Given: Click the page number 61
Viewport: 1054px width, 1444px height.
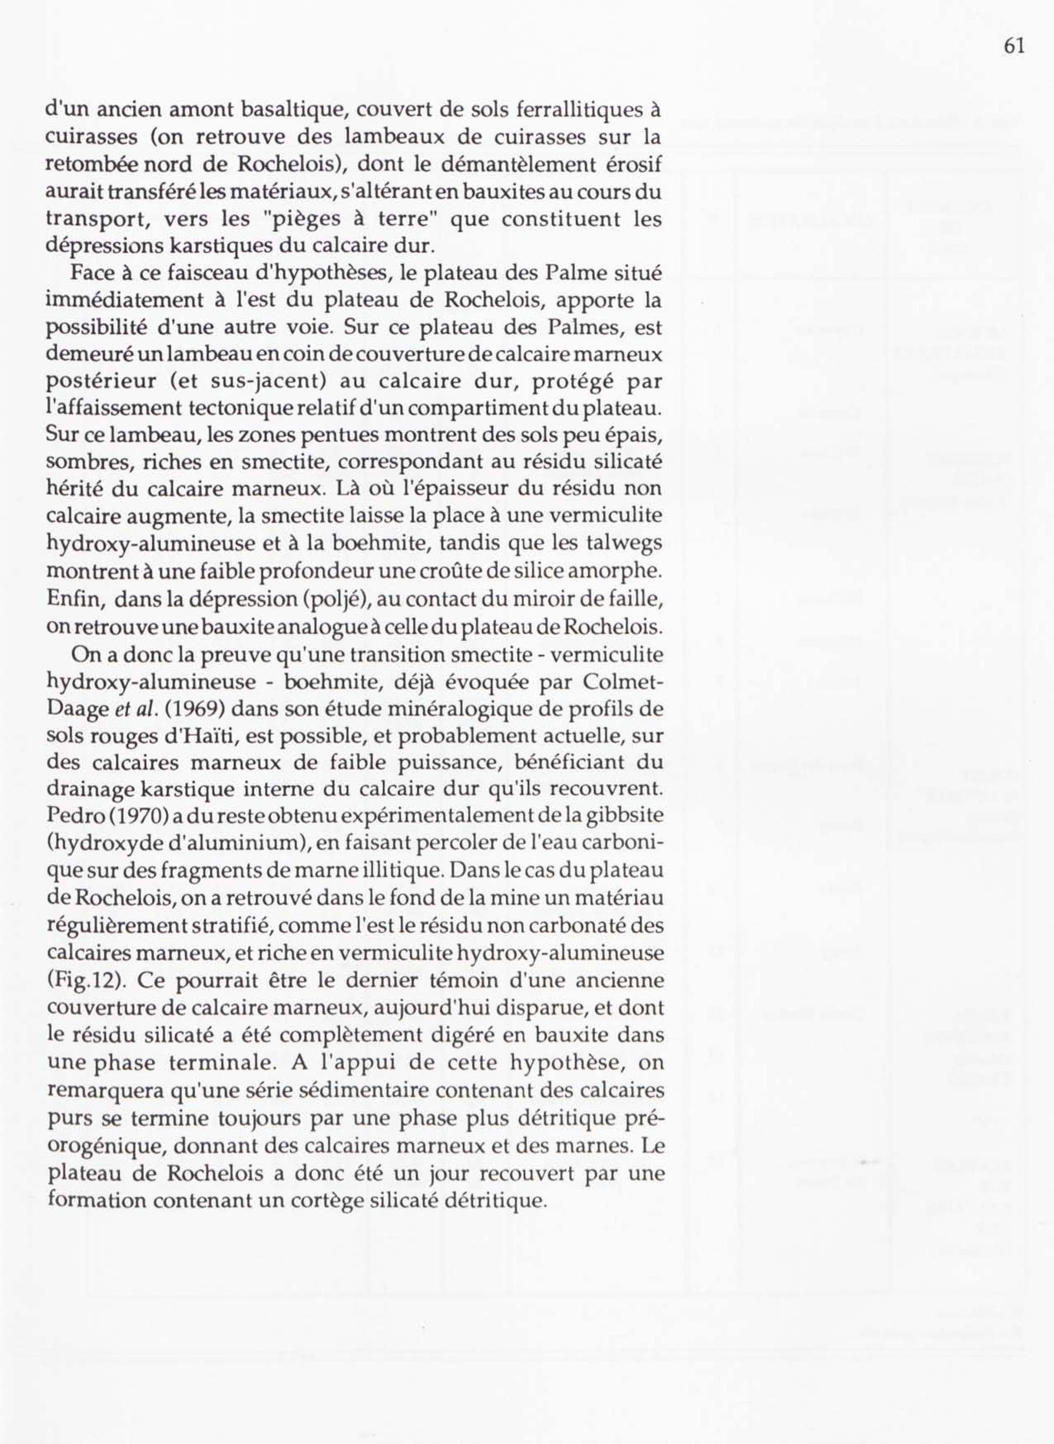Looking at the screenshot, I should tap(1014, 46).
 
